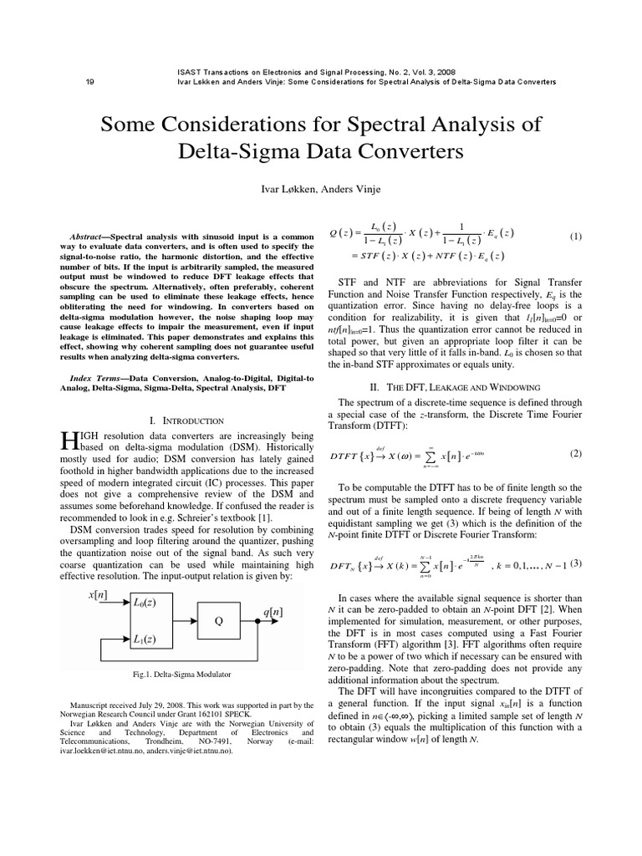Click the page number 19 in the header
(x=89, y=82)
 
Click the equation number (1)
(x=575, y=237)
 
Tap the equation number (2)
(x=575, y=453)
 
